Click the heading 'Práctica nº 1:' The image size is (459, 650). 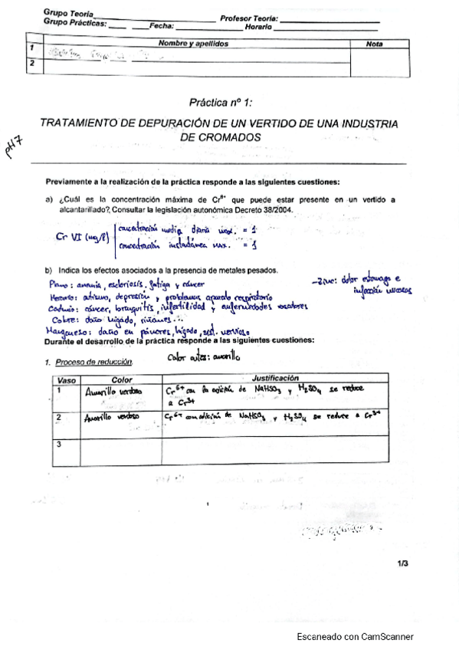(x=221, y=102)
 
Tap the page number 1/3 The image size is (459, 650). (x=403, y=564)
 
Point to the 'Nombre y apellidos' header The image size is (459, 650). (x=193, y=44)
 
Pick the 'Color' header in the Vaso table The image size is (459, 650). (x=122, y=379)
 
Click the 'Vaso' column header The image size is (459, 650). (x=65, y=379)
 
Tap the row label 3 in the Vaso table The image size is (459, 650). (x=59, y=444)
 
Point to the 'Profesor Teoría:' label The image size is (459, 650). (x=250, y=18)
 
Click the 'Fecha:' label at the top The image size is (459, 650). (x=162, y=25)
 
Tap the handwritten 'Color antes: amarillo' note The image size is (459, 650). (x=203, y=356)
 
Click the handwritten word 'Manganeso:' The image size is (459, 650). (x=64, y=330)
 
